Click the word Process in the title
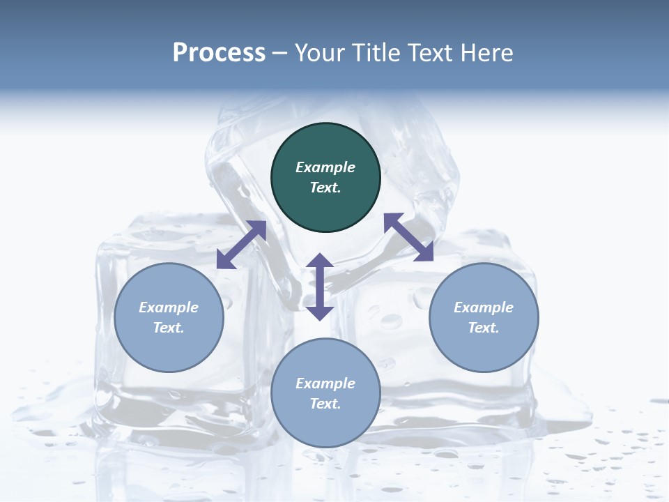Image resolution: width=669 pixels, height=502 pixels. [219, 53]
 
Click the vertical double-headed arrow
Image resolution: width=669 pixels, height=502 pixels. [320, 287]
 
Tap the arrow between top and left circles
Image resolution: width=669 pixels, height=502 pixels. [241, 245]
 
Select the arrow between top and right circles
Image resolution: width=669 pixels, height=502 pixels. [409, 237]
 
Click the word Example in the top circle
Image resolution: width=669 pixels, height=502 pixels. [325, 167]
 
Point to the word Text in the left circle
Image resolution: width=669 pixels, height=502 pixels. [169, 328]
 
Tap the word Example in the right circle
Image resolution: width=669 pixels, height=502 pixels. [484, 307]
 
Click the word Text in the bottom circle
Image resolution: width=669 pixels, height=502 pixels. [325, 404]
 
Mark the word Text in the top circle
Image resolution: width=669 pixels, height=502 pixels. [325, 188]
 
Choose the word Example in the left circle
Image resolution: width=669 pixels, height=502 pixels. [169, 307]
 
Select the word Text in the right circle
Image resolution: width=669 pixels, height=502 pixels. [484, 328]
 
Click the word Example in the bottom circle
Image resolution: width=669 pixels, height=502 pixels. [325, 383]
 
